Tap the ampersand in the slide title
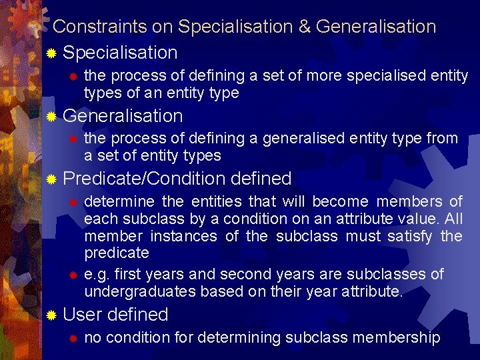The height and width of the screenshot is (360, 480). point(304,27)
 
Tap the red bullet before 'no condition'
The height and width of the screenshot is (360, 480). point(74,338)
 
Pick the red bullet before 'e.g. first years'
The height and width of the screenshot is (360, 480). point(74,275)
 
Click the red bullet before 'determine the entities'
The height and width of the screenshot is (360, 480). point(74,202)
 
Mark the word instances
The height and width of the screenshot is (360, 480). point(183,236)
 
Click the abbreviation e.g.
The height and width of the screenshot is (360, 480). point(95,275)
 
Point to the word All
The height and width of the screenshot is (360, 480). point(453,219)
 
